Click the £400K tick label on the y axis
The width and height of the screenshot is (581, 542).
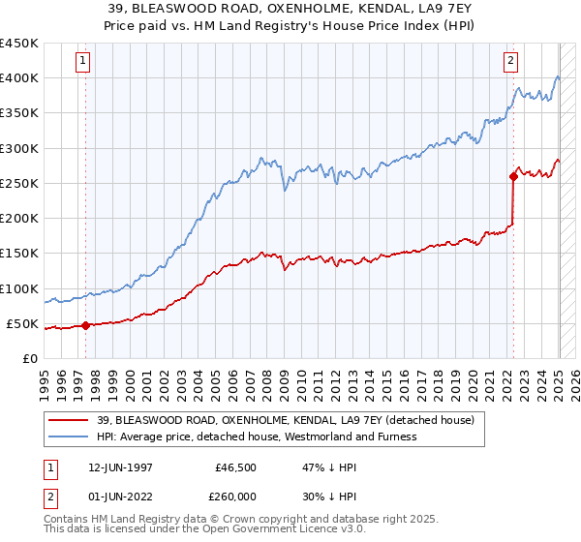click(18, 78)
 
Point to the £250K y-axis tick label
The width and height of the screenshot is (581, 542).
click(18, 183)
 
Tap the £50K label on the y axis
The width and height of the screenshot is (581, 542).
click(22, 323)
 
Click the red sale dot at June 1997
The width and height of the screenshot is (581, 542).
click(85, 325)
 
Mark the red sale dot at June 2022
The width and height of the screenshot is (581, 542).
click(513, 176)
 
